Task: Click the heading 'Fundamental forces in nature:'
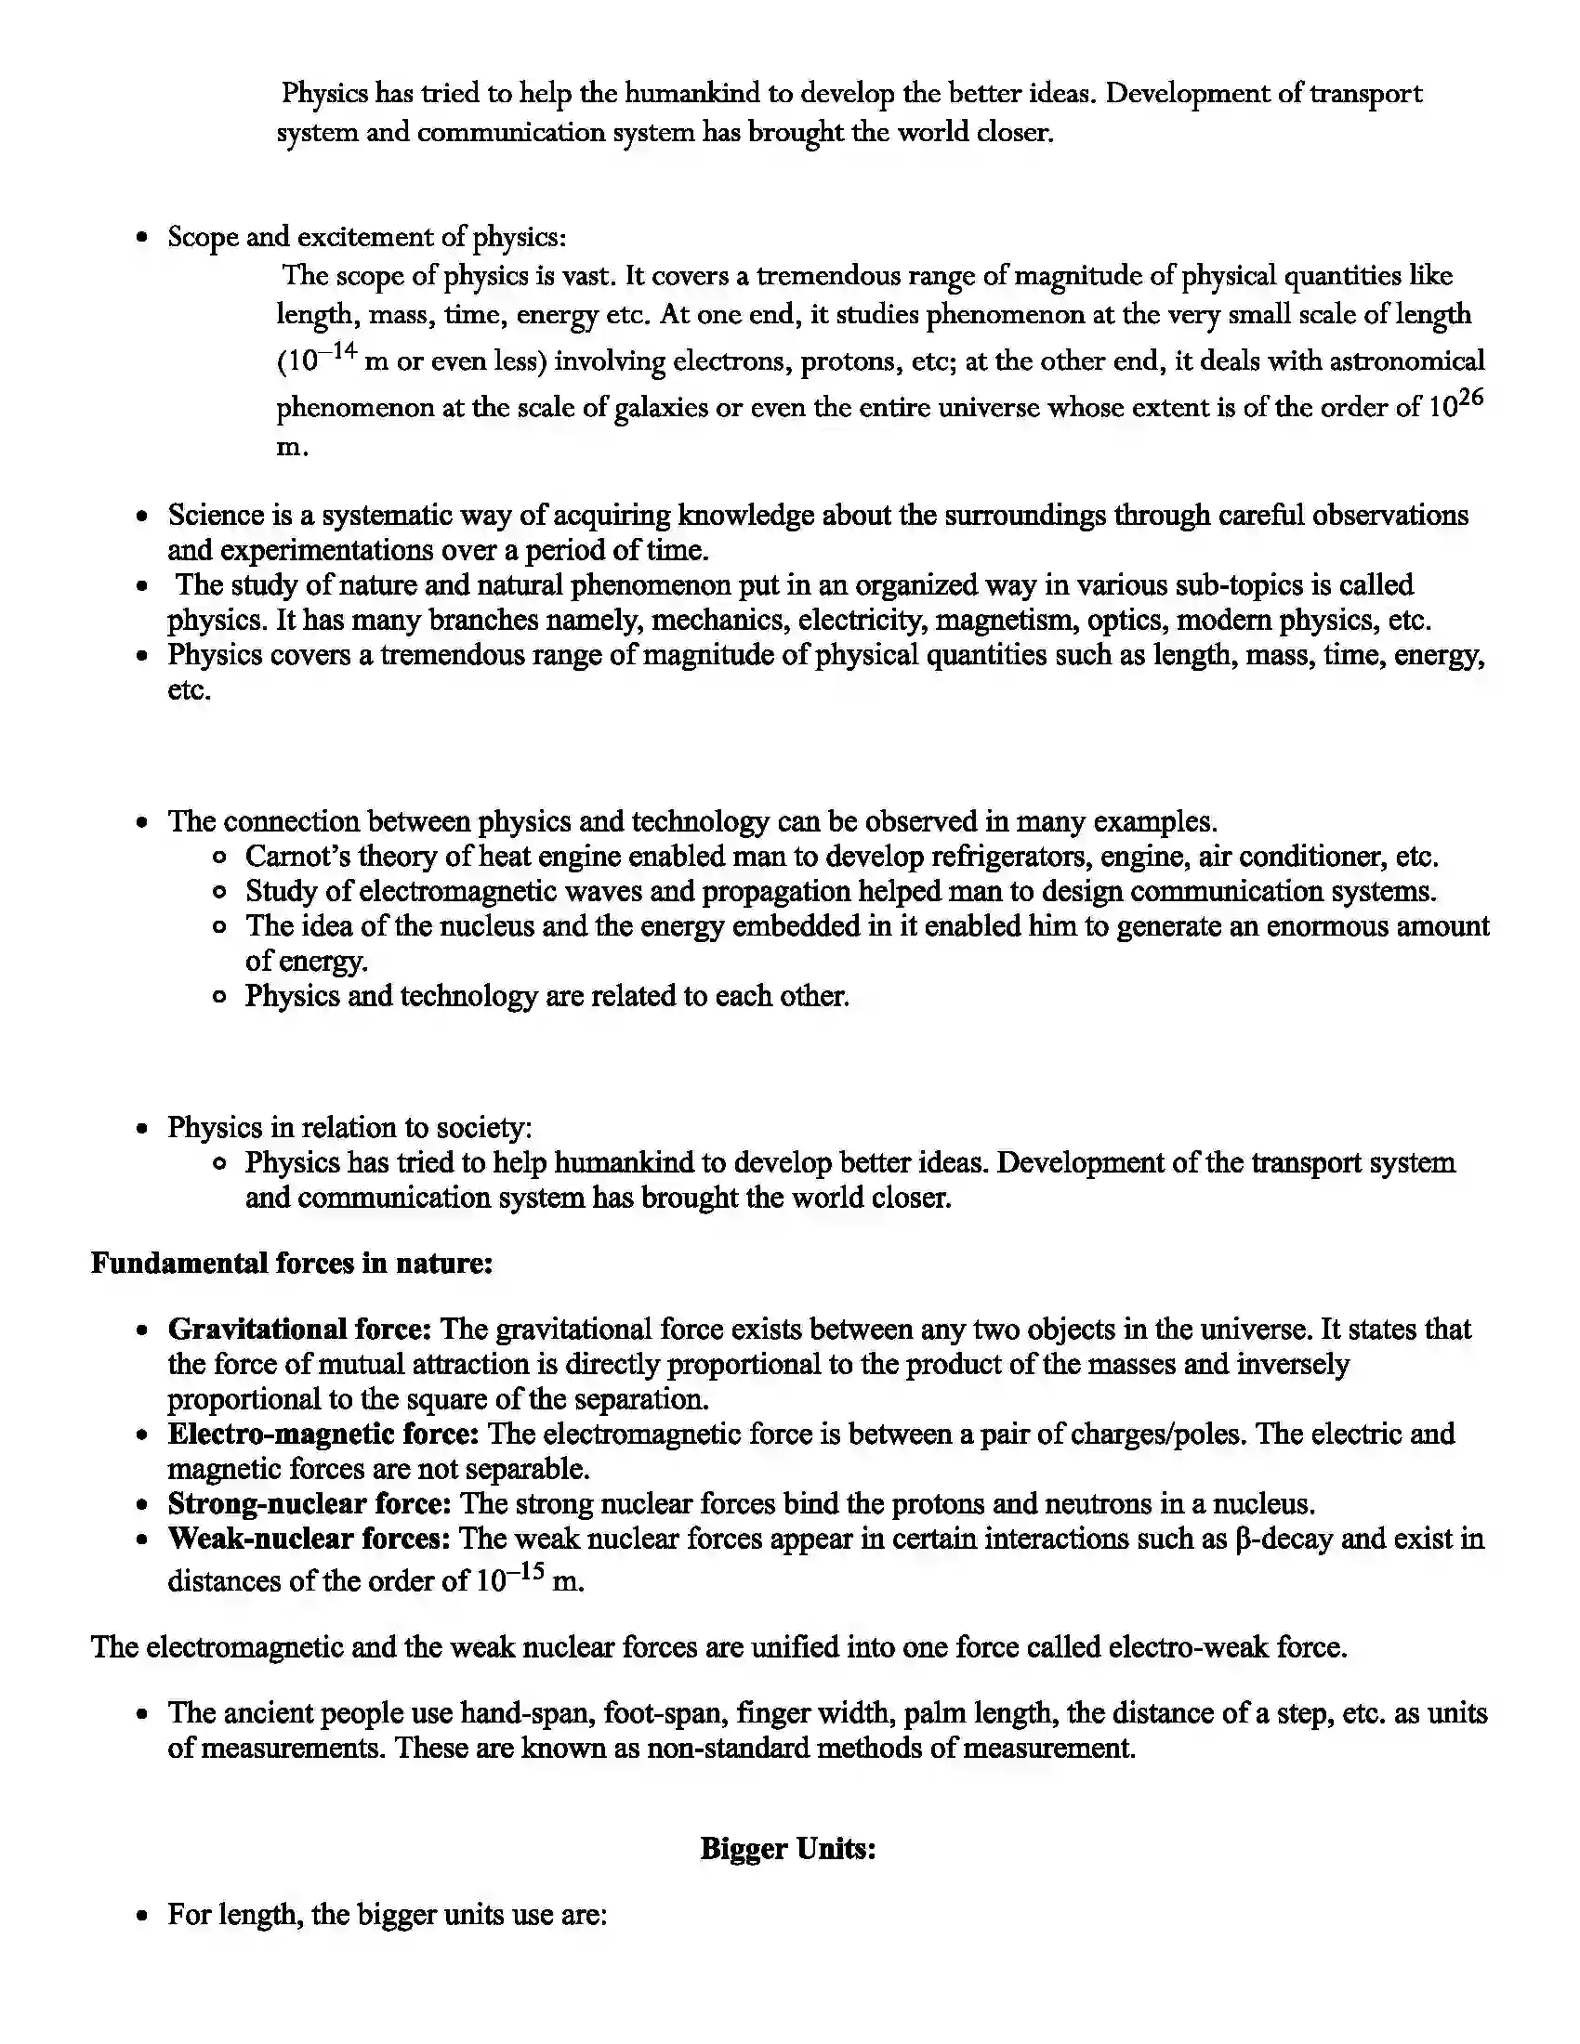291,1263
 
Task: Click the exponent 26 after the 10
1471,398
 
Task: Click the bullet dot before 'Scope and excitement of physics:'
141,238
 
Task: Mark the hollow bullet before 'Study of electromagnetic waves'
219,892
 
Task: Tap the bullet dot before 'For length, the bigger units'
141,1916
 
